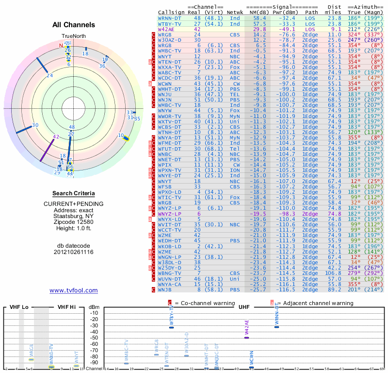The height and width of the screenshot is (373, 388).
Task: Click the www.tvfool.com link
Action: pyautogui.click(x=73, y=290)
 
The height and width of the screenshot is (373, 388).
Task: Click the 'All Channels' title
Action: pyautogui.click(x=74, y=25)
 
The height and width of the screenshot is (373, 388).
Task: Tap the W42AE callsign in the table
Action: pyautogui.click(x=167, y=29)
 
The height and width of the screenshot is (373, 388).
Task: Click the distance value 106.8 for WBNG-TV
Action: pyautogui.click(x=333, y=273)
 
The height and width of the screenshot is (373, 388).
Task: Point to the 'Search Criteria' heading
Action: pyautogui.click(x=74, y=193)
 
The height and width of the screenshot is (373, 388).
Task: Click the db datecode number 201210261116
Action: pyautogui.click(x=74, y=252)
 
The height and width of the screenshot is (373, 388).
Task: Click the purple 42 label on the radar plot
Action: pyautogui.click(x=56, y=137)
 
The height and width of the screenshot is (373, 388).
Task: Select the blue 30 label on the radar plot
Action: pyautogui.click(x=35, y=125)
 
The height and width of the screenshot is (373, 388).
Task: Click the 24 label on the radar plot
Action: pyautogui.click(x=50, y=75)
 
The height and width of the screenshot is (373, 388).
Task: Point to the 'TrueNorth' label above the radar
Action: pyautogui.click(x=74, y=36)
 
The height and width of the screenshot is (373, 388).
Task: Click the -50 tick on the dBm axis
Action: pyautogui.click(x=95, y=338)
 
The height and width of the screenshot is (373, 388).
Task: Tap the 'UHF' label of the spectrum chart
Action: pyautogui.click(x=243, y=307)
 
